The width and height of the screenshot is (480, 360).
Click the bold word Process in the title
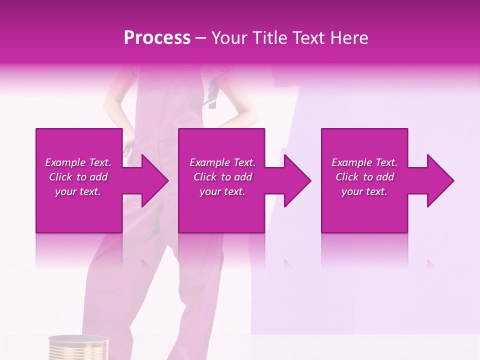click(x=157, y=38)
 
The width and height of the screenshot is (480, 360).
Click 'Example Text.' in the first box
click(x=78, y=162)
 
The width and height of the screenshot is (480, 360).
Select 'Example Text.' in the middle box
click(x=222, y=162)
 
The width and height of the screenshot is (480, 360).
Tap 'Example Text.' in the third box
click(x=364, y=162)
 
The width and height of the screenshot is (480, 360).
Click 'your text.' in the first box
click(x=78, y=191)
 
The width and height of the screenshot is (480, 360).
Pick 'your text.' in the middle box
click(x=222, y=191)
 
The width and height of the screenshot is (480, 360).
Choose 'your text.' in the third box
click(x=364, y=191)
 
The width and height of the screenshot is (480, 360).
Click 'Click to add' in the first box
click(x=78, y=177)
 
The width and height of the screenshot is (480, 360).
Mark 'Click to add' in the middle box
click(x=222, y=177)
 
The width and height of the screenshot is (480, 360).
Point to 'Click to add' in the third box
click(x=364, y=177)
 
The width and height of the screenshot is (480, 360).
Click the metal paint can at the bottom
click(x=78, y=348)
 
